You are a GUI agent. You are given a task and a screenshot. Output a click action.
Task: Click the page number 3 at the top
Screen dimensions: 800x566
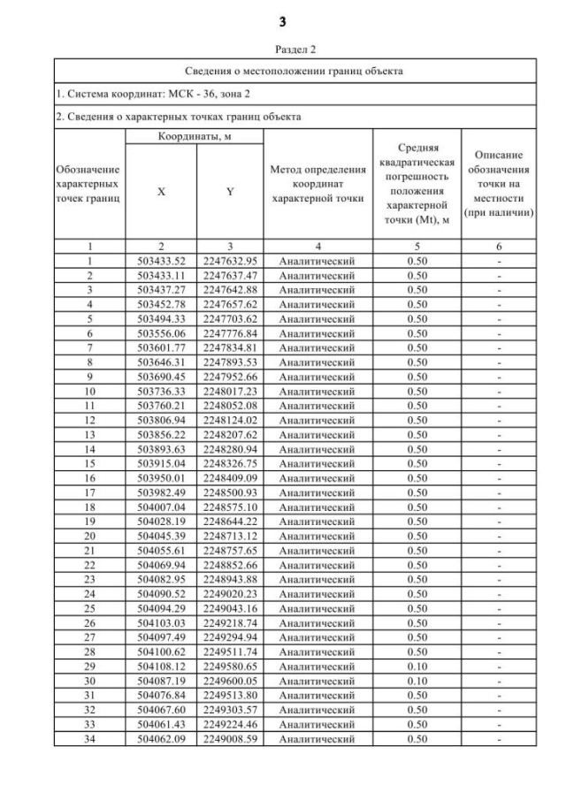pos(283,20)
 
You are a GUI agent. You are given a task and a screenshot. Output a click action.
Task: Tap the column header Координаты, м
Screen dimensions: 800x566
pos(195,137)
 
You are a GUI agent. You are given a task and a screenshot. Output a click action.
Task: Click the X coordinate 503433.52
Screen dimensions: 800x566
pos(160,262)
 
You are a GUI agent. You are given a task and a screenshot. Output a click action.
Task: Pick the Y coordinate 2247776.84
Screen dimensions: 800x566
pos(230,333)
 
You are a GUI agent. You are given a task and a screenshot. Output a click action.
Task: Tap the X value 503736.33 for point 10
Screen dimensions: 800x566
pos(160,392)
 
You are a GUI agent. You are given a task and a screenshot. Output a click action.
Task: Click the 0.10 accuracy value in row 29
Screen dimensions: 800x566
pos(416,667)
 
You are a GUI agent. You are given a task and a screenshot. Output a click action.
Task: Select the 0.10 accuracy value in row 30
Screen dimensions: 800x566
pos(416,681)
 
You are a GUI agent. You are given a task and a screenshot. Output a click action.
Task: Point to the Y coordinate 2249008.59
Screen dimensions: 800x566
pos(230,739)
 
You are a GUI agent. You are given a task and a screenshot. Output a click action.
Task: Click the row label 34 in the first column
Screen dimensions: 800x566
pos(89,739)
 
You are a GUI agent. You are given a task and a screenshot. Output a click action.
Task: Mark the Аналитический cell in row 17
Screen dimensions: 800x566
pos(317,492)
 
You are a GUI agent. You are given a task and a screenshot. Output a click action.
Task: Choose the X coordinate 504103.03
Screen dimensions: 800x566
pos(160,623)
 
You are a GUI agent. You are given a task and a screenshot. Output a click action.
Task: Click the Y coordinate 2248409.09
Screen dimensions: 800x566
pos(230,478)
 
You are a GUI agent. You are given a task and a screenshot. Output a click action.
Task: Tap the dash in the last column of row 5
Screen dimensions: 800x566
pos(499,319)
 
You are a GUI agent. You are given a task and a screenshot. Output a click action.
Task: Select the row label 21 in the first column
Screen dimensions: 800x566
pos(89,551)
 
